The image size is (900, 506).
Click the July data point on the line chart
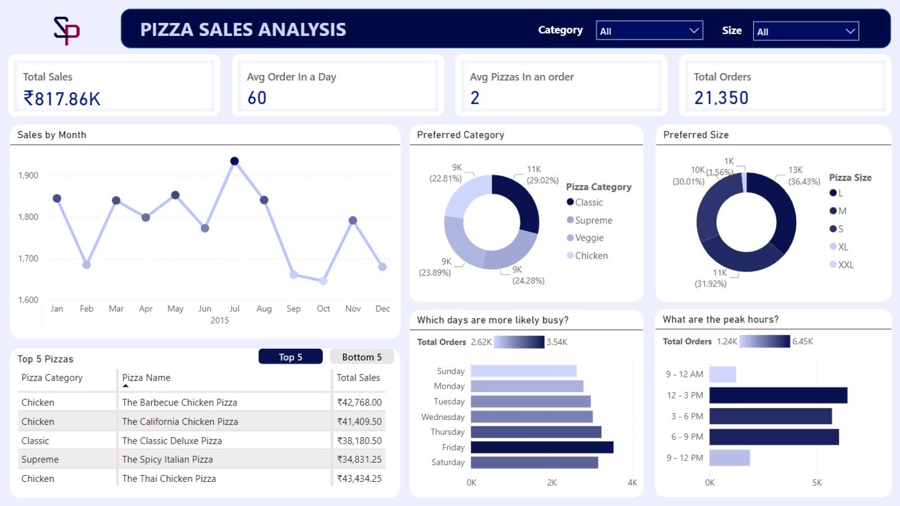[x=234, y=161]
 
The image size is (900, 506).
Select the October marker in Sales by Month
[x=323, y=281]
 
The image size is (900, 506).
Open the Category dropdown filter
[x=649, y=30]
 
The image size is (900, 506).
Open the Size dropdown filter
[x=806, y=31]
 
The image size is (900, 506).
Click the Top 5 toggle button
[x=290, y=357]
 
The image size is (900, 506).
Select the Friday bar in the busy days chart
[x=542, y=447]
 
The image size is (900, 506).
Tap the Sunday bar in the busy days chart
[x=523, y=371]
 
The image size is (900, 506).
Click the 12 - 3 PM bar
[x=778, y=395]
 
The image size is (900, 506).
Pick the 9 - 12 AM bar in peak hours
[x=722, y=374]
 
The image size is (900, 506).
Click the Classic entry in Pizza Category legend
[x=588, y=202]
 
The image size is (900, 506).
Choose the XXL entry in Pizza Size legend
[x=845, y=265]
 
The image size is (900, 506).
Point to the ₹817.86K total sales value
[x=62, y=98]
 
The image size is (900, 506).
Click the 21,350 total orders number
[x=721, y=98]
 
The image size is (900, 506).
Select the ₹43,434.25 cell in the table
[x=359, y=479]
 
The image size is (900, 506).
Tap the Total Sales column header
[x=358, y=378]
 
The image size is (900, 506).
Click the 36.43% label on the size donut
[x=804, y=181]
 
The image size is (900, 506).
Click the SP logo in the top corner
[x=67, y=31]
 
